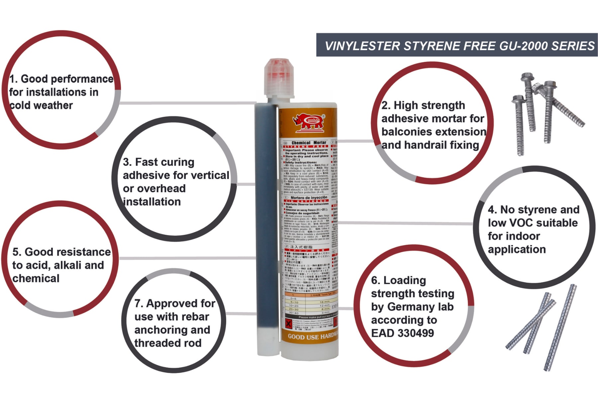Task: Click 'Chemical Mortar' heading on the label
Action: click(x=309, y=143)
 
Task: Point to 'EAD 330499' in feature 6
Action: click(x=402, y=333)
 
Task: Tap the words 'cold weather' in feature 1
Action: click(x=41, y=105)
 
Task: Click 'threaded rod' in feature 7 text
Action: click(x=168, y=343)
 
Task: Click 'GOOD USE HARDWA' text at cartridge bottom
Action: click(x=312, y=336)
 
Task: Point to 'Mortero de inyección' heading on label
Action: click(x=309, y=198)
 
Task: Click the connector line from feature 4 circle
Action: click(x=405, y=223)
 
